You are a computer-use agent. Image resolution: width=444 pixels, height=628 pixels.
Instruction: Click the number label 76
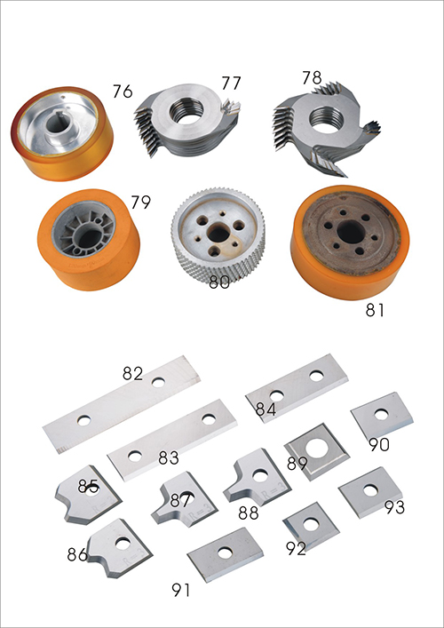pos(123,91)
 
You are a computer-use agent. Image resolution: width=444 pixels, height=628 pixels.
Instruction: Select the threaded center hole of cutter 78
pos(327,120)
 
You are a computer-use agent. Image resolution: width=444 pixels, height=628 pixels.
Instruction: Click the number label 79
pos(140,203)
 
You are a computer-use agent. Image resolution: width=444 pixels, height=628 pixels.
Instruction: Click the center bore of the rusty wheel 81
pos(350,231)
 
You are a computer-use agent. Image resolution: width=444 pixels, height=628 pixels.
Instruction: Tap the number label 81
pos(375,310)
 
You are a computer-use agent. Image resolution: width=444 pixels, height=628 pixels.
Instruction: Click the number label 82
pos(132,373)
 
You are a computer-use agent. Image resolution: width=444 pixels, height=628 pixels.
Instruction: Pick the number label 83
pos(169,457)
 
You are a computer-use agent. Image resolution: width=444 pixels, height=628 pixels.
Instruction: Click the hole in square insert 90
pos(381,414)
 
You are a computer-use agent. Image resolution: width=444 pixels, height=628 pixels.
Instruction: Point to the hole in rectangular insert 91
pos(225,553)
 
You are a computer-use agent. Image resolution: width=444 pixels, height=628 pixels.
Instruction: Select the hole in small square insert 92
pos(311,524)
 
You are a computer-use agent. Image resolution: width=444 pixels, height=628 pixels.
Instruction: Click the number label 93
pos(395,507)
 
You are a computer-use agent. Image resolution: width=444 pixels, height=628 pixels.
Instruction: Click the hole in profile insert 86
pos(123,544)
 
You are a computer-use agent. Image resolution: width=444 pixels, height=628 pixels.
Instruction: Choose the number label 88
pos(249,513)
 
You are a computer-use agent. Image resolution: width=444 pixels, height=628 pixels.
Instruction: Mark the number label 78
pos(312,77)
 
